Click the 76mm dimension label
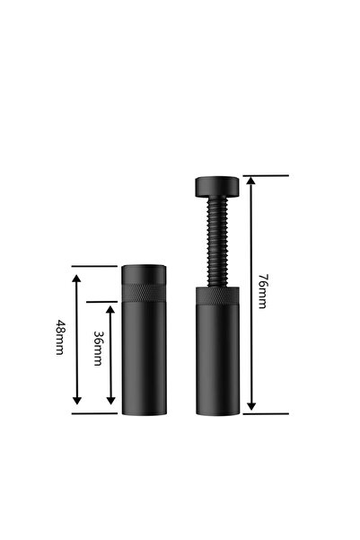point(263,291)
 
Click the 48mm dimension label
point(60,337)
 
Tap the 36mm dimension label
point(98,349)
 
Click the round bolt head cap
point(217,187)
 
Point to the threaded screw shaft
point(217,242)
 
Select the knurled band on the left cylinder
point(145,292)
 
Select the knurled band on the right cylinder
point(218,297)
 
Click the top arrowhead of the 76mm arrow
point(251,181)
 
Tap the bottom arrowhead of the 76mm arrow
point(251,406)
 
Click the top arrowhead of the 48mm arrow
point(76,279)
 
